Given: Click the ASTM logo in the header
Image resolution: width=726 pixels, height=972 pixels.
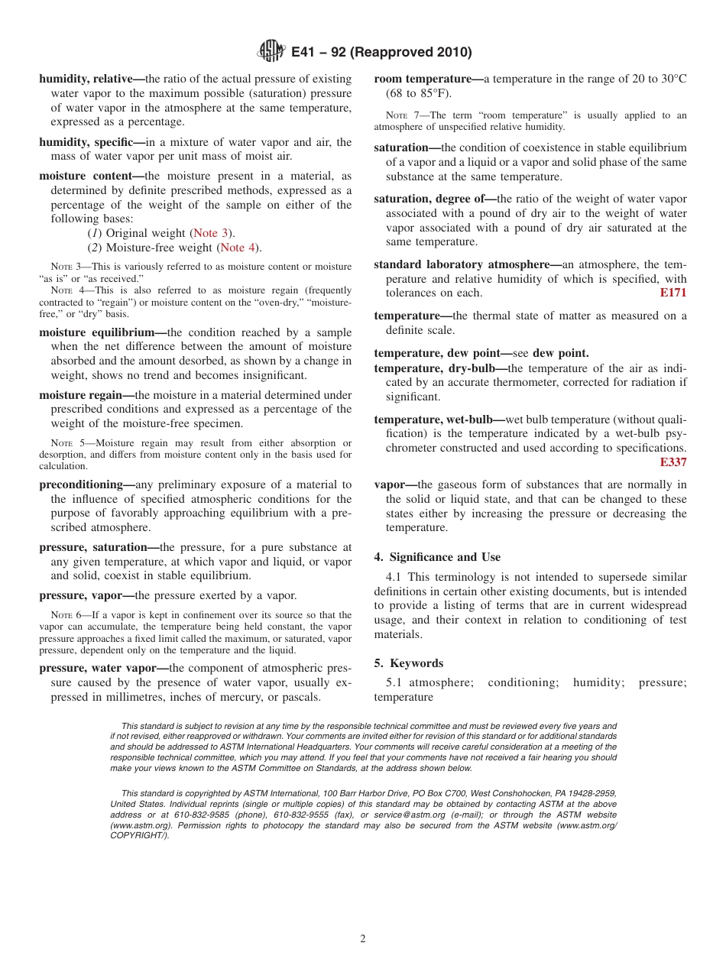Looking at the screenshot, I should (x=271, y=52).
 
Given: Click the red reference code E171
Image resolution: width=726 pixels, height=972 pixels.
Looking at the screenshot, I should (x=673, y=293).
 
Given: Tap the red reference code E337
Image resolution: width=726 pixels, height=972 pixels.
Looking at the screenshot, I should (x=673, y=462).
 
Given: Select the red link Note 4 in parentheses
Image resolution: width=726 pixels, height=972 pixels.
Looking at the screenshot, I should (x=238, y=248).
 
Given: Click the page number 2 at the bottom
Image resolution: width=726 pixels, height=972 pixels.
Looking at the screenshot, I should (x=363, y=939).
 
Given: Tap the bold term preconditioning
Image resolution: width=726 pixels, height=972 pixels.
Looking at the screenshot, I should (x=82, y=484).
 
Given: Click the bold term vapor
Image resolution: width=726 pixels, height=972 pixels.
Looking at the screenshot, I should (x=391, y=484).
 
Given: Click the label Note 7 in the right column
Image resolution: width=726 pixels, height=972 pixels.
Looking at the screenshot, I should (x=400, y=115).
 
